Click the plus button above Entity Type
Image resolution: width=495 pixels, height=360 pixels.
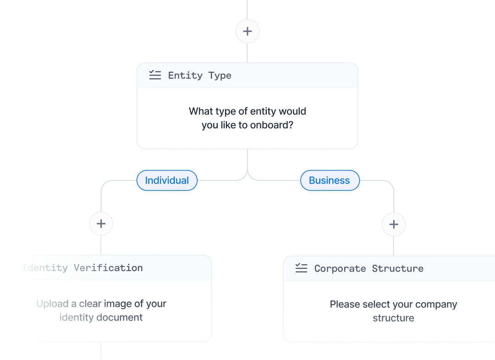(247, 31)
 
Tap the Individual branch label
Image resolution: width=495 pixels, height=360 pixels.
(167, 180)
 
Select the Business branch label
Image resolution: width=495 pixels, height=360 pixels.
(330, 180)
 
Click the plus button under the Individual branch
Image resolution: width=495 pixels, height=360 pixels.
(101, 224)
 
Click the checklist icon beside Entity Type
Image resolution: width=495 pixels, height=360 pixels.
(155, 75)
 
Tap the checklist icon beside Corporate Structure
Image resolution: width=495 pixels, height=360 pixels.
(301, 268)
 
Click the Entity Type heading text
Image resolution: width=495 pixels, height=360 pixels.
(199, 76)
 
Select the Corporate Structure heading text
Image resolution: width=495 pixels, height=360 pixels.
(368, 268)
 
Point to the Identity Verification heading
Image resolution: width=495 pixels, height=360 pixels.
(82, 268)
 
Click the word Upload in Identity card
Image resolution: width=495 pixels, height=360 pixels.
(52, 304)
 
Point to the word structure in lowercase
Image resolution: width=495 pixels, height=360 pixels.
(393, 318)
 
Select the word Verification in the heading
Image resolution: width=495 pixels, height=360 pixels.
(108, 268)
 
